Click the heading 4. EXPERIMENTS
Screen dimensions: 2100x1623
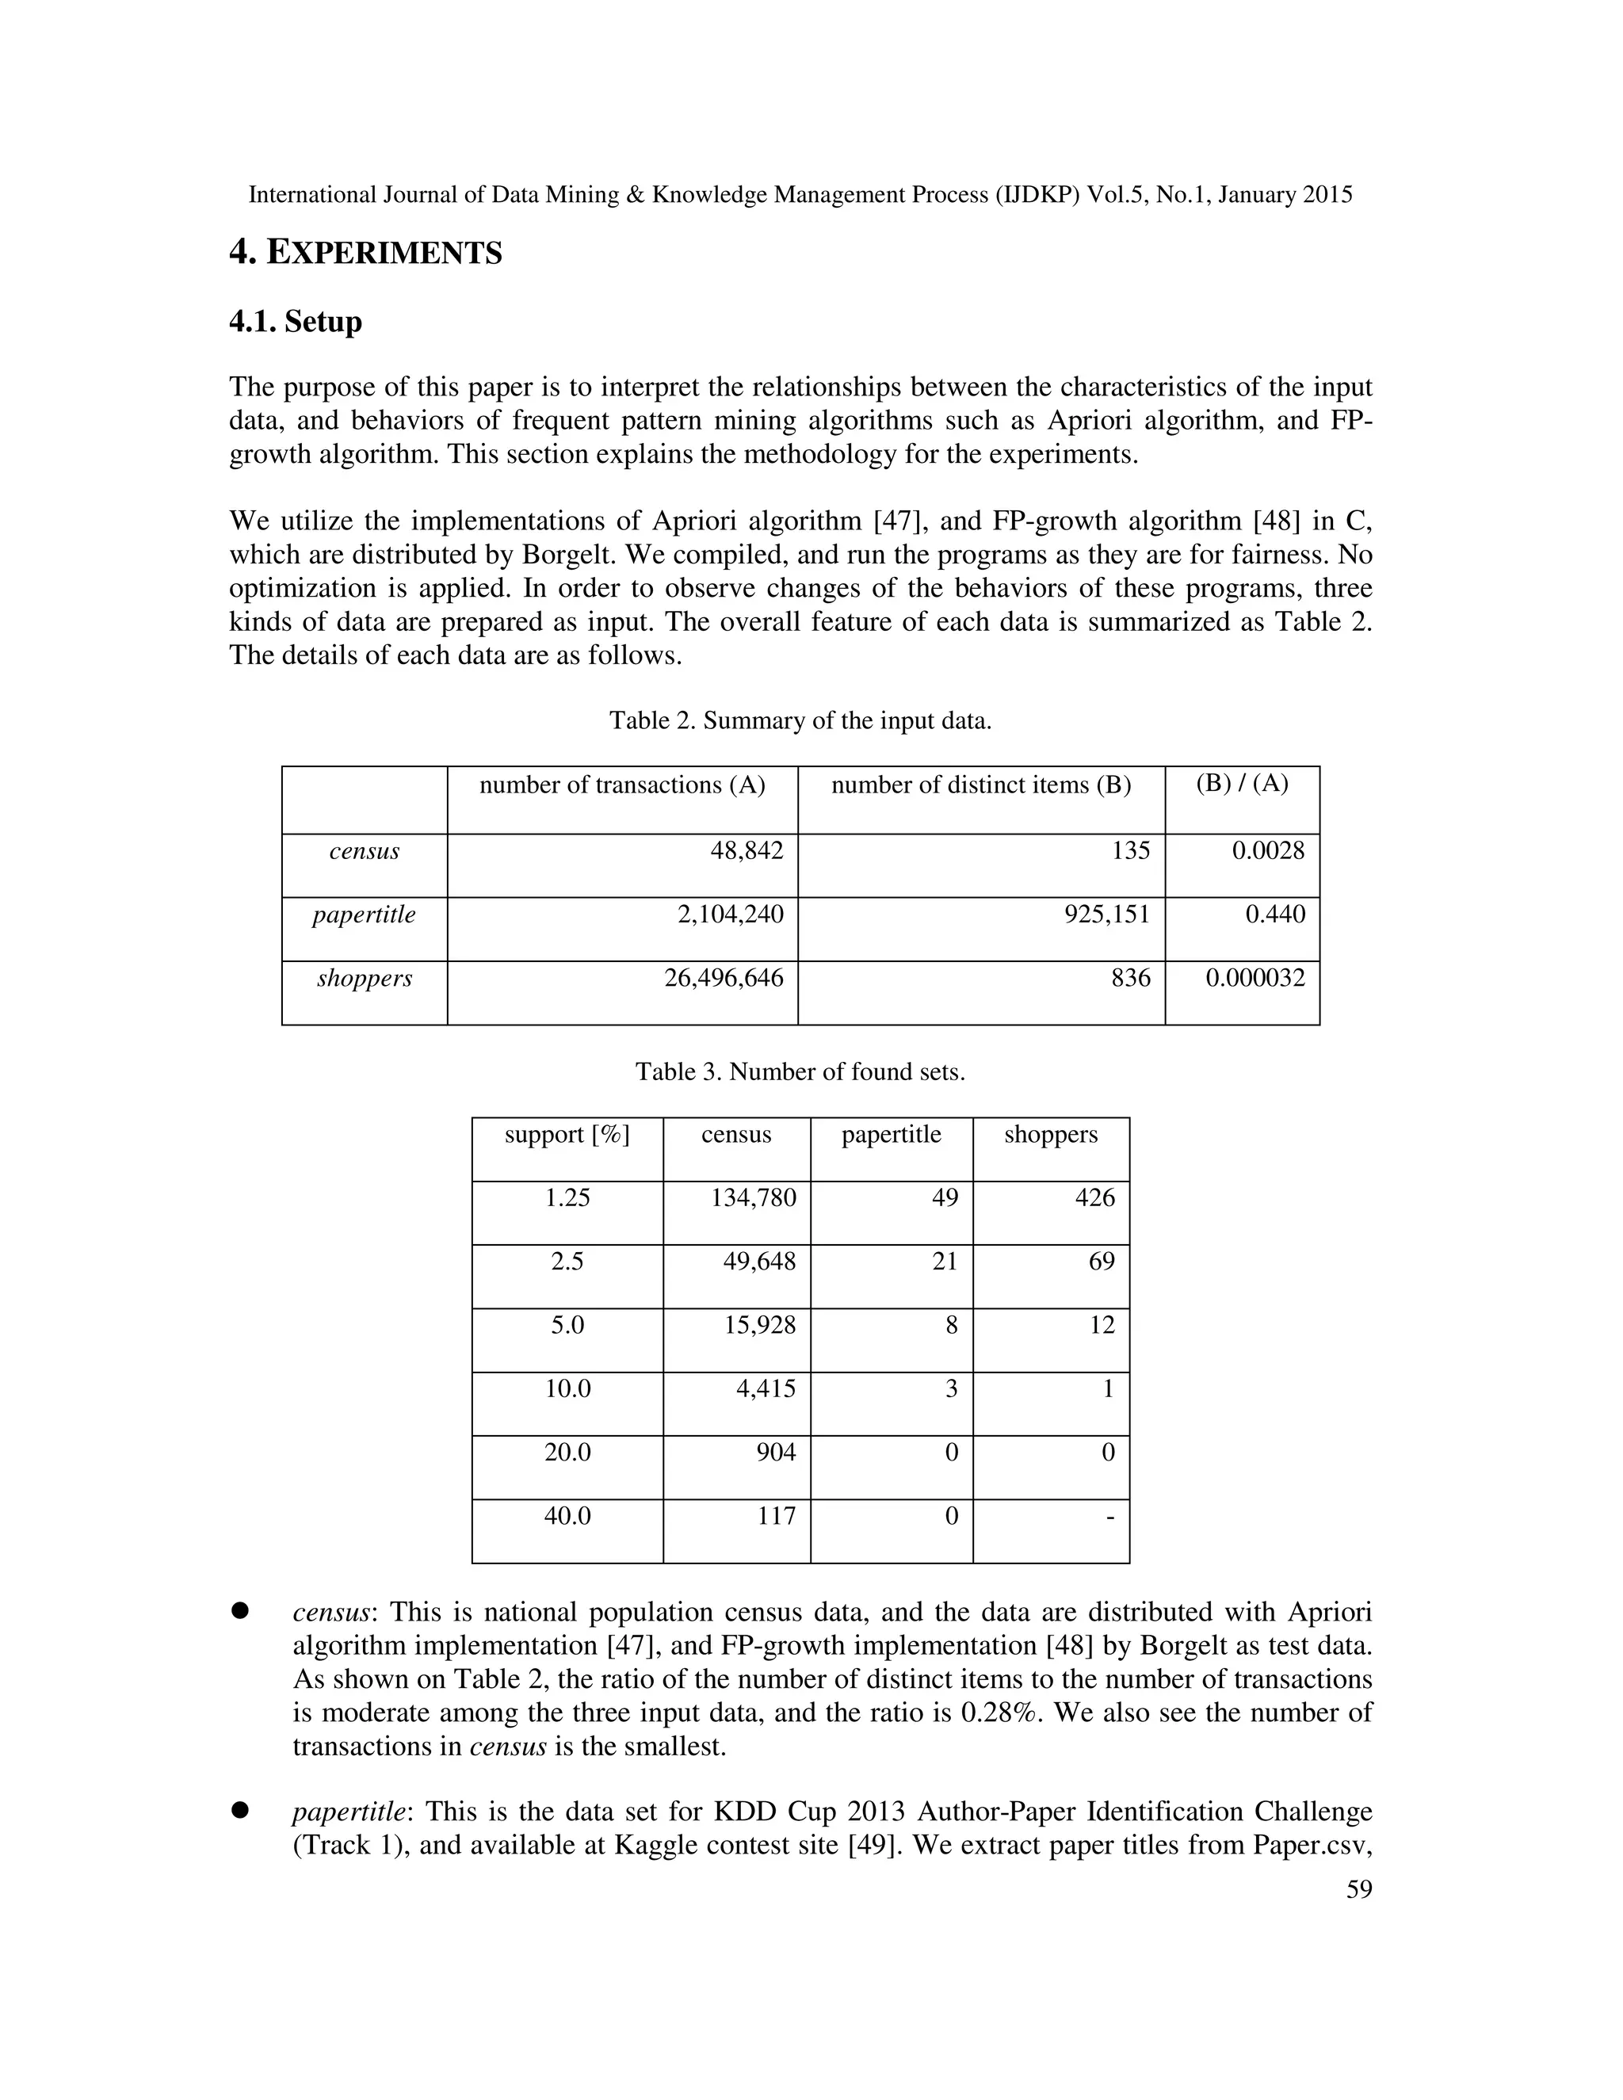[365, 253]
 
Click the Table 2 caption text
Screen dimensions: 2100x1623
[800, 720]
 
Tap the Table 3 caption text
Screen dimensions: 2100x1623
[800, 1071]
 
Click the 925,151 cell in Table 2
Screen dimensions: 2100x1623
[1106, 914]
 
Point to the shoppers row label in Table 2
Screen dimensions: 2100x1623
[365, 978]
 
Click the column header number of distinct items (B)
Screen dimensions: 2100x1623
[981, 785]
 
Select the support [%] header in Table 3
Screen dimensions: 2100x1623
[567, 1135]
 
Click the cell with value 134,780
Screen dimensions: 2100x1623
[753, 1198]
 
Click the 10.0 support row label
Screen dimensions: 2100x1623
[567, 1388]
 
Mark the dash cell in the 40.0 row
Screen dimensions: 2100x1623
[1109, 1518]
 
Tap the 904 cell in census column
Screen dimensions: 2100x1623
[776, 1452]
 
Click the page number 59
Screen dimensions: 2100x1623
[1358, 1889]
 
